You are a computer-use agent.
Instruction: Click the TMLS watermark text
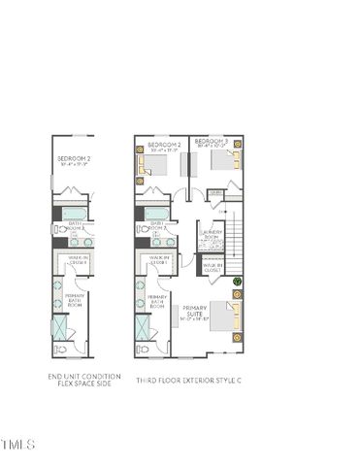point(17,446)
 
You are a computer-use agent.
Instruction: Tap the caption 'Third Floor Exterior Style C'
point(189,380)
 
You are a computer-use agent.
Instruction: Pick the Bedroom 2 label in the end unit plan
point(74,160)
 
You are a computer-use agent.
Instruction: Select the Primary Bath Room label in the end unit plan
point(75,300)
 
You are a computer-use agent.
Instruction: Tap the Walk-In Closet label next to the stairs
point(213,266)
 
